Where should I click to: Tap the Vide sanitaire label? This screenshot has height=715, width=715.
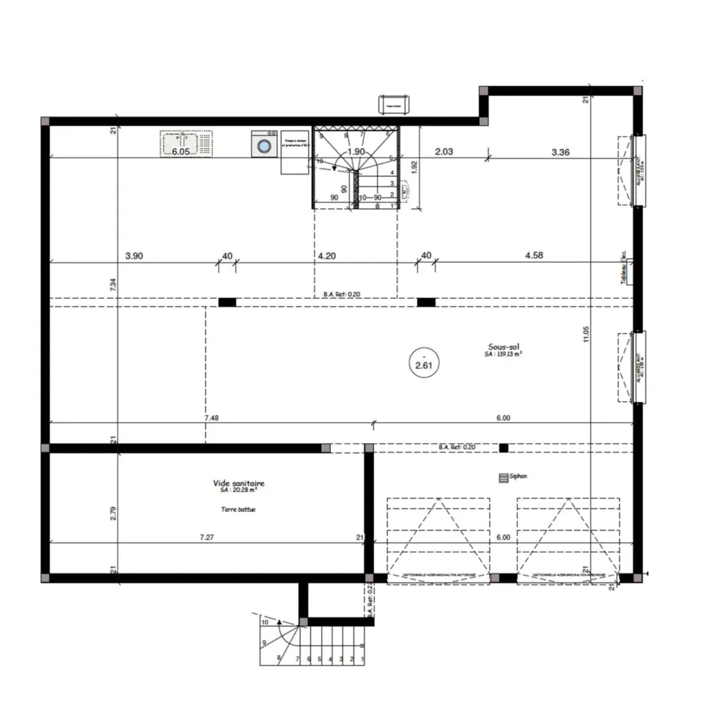click(x=238, y=484)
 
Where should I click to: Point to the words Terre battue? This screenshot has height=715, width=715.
click(x=238, y=510)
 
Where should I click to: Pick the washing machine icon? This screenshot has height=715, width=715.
click(x=265, y=144)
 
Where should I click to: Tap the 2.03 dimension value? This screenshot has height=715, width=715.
click(x=445, y=152)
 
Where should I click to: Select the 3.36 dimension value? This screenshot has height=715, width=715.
click(x=560, y=152)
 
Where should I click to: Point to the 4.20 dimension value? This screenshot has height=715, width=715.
click(x=327, y=255)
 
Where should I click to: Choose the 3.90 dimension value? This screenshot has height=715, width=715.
click(x=134, y=255)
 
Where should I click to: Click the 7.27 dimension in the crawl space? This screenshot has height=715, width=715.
click(x=207, y=536)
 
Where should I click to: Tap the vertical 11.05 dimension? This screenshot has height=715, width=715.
click(x=585, y=335)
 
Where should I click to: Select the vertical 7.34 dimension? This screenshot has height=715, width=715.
click(x=112, y=283)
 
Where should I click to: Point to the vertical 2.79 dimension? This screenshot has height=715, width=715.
click(x=112, y=513)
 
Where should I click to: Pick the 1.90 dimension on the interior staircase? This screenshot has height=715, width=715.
click(x=355, y=152)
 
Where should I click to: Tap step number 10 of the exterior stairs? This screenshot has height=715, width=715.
click(x=265, y=623)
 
